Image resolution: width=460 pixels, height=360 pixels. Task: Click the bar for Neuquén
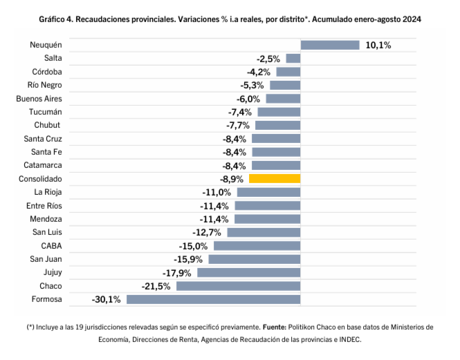pyautogui.click(x=330, y=45)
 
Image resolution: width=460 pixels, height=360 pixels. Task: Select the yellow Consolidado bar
pyautogui.click(x=275, y=179)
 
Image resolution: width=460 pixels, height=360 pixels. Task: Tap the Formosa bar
pyautogui.click(x=213, y=299)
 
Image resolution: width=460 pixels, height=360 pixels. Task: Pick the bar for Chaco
pyautogui.click(x=238, y=286)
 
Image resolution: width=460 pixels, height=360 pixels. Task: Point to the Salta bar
pyautogui.click(x=293, y=59)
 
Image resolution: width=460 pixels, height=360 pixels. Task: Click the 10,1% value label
pyautogui.click(x=378, y=45)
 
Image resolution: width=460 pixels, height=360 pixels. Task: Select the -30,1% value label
pyautogui.click(x=106, y=299)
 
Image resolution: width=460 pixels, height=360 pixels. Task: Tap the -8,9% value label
pyautogui.click(x=232, y=179)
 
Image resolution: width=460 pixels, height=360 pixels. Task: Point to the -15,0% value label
pyautogui.click(x=194, y=246)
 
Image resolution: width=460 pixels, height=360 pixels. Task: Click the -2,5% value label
pyautogui.click(x=268, y=59)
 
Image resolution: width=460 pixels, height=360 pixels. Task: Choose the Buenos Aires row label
pyautogui.click(x=39, y=99)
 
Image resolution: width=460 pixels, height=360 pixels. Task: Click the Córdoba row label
pyautogui.click(x=47, y=72)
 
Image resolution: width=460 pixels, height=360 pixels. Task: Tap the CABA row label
pyautogui.click(x=52, y=246)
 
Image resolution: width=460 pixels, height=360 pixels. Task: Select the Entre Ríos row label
pyautogui.click(x=44, y=206)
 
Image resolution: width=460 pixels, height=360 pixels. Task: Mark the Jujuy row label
pyautogui.click(x=53, y=272)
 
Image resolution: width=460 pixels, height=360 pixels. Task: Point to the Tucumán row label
pyautogui.click(x=46, y=112)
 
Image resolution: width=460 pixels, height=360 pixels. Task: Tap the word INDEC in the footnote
pyautogui.click(x=350, y=339)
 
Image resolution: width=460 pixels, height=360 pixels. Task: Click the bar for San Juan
pyautogui.click(x=255, y=259)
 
